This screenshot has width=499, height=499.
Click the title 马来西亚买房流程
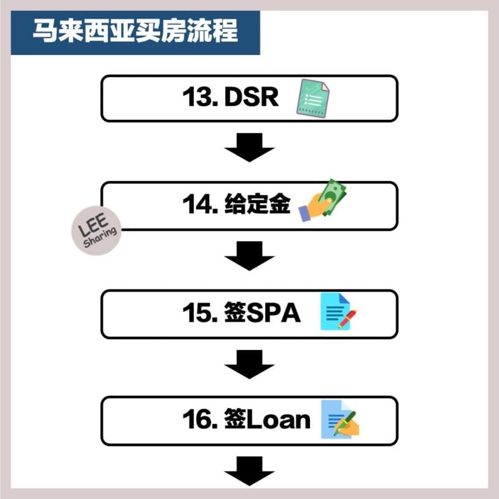pos(135,31)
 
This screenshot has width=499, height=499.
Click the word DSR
pos(251,97)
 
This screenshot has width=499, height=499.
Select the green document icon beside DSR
pos(313,99)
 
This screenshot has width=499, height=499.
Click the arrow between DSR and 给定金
pos(249,147)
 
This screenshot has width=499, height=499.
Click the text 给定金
pos(258,204)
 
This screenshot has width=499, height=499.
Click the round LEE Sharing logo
pos(97,231)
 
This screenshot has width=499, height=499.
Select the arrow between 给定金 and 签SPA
pos(249,256)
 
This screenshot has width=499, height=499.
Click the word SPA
pos(273,312)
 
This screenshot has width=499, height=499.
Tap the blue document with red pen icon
pos(338,311)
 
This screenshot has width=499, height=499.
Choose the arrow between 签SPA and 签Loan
pos(249,364)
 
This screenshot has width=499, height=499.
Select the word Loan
pos(278,419)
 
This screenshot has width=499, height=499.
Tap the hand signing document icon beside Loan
pos(340,419)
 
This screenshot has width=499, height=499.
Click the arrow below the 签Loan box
pos(249,471)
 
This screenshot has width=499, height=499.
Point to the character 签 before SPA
pos(235,312)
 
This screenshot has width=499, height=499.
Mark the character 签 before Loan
pos(235,419)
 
